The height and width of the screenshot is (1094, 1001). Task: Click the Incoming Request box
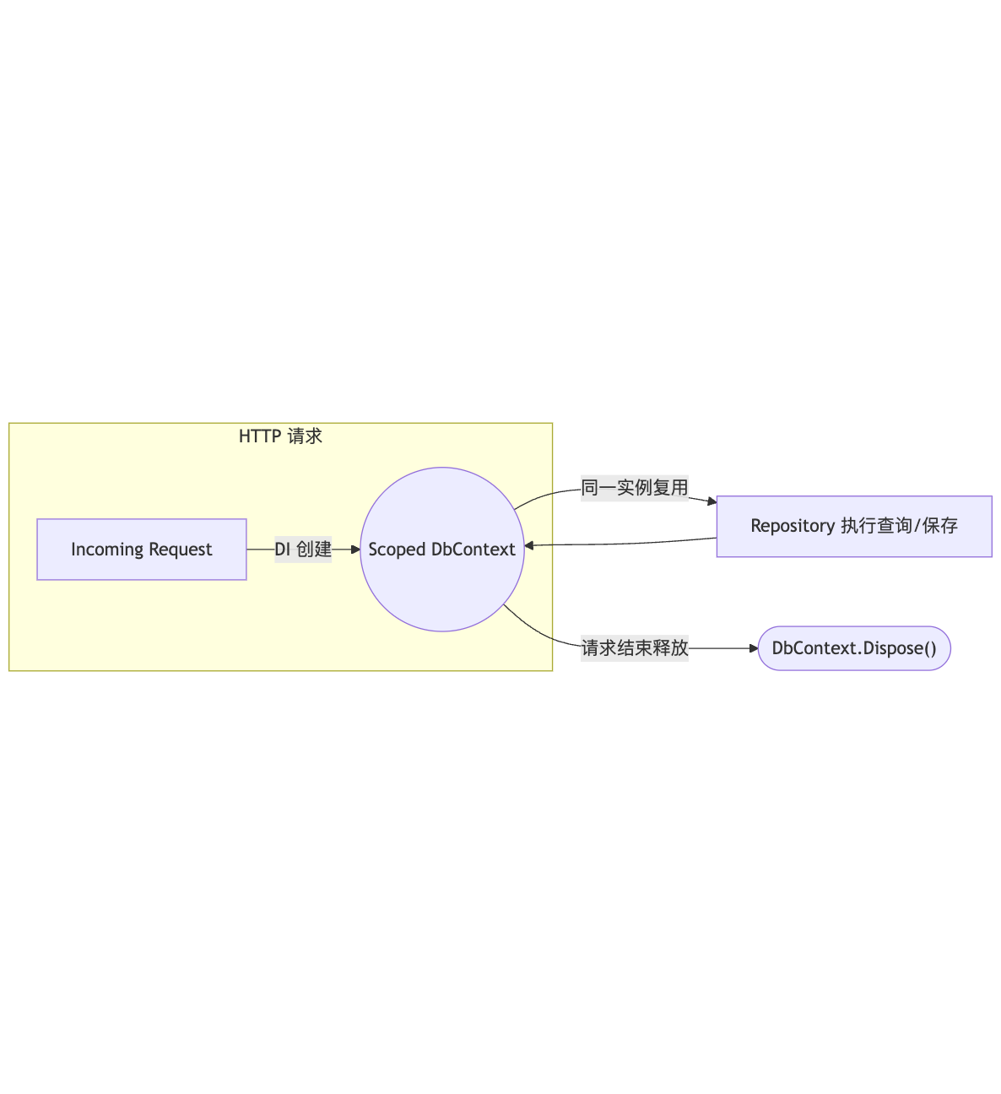pyautogui.click(x=142, y=550)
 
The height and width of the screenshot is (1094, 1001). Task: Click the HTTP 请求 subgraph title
pyautogui.click(x=280, y=436)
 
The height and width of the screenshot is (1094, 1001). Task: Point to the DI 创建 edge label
pyautogui.click(x=303, y=550)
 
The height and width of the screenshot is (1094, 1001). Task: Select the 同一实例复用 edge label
pyautogui.click(x=635, y=488)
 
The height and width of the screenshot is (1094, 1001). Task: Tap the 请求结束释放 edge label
pyautogui.click(x=635, y=648)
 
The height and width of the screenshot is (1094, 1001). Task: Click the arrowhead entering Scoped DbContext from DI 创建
pyautogui.click(x=355, y=550)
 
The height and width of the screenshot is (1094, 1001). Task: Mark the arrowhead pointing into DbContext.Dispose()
pyautogui.click(x=754, y=648)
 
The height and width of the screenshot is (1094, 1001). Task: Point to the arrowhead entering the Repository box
pyautogui.click(x=712, y=501)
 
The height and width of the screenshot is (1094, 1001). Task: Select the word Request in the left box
pyautogui.click(x=180, y=550)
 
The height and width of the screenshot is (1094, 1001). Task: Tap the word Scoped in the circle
pyautogui.click(x=397, y=550)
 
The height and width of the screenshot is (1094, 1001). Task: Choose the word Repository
pyautogui.click(x=793, y=526)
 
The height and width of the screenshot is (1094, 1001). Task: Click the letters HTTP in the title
pyautogui.click(x=259, y=436)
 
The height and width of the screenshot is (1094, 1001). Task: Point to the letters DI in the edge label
pyautogui.click(x=283, y=550)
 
